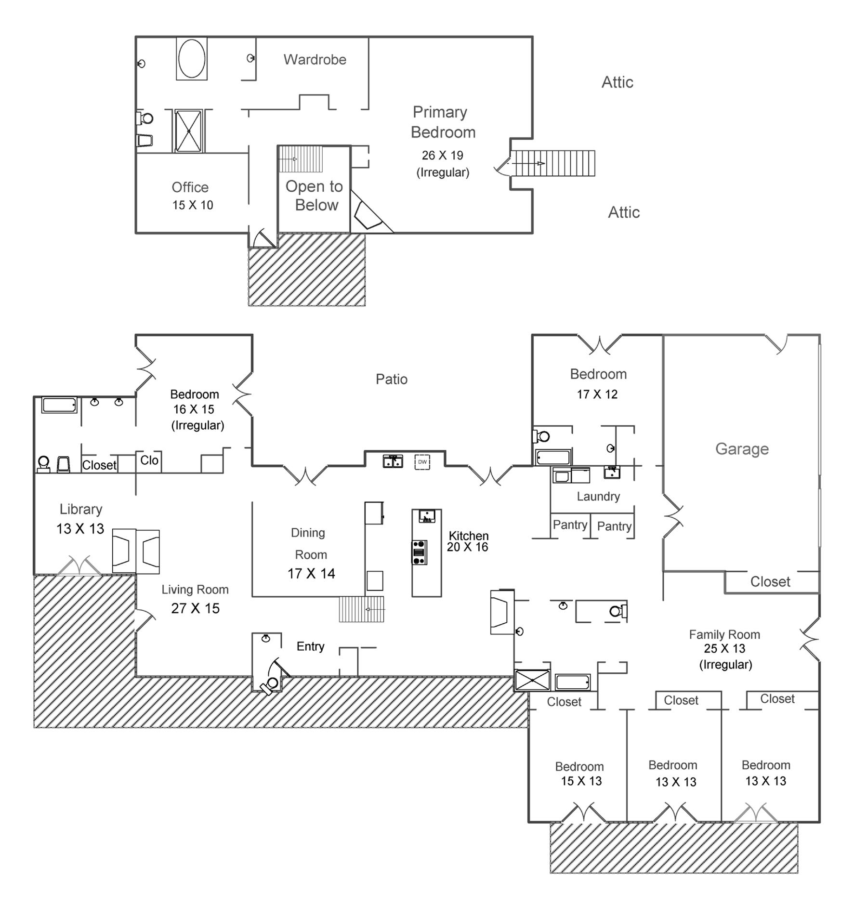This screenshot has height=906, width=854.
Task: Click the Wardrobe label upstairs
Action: [x=315, y=60]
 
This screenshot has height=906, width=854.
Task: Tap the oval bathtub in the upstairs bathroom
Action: [x=192, y=58]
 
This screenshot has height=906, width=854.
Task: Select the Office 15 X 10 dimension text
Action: [x=193, y=205]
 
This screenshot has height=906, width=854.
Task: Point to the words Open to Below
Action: [x=315, y=196]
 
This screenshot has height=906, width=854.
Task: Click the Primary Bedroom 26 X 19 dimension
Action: [x=442, y=156]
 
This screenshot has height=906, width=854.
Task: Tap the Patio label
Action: [x=391, y=380]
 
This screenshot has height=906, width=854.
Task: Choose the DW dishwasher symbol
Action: [x=422, y=462]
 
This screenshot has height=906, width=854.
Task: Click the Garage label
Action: [x=742, y=449]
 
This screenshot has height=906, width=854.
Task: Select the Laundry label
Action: [x=598, y=497]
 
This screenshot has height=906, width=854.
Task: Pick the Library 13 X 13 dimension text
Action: [x=80, y=529]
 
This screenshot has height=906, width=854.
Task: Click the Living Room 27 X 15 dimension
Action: [x=195, y=608]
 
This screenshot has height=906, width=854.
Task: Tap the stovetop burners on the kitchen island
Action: [x=419, y=552]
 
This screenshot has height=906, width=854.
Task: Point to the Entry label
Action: [x=310, y=646]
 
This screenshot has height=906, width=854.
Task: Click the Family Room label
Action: [x=724, y=635]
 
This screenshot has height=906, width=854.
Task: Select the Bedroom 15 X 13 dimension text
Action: [x=581, y=781]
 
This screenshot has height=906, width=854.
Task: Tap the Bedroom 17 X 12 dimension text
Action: [x=597, y=394]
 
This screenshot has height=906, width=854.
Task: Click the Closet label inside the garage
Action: [x=770, y=582]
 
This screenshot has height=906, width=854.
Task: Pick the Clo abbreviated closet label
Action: [x=149, y=460]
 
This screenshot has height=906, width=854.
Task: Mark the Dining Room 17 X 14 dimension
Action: [x=311, y=574]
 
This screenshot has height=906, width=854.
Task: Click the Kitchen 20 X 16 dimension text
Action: [x=467, y=547]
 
